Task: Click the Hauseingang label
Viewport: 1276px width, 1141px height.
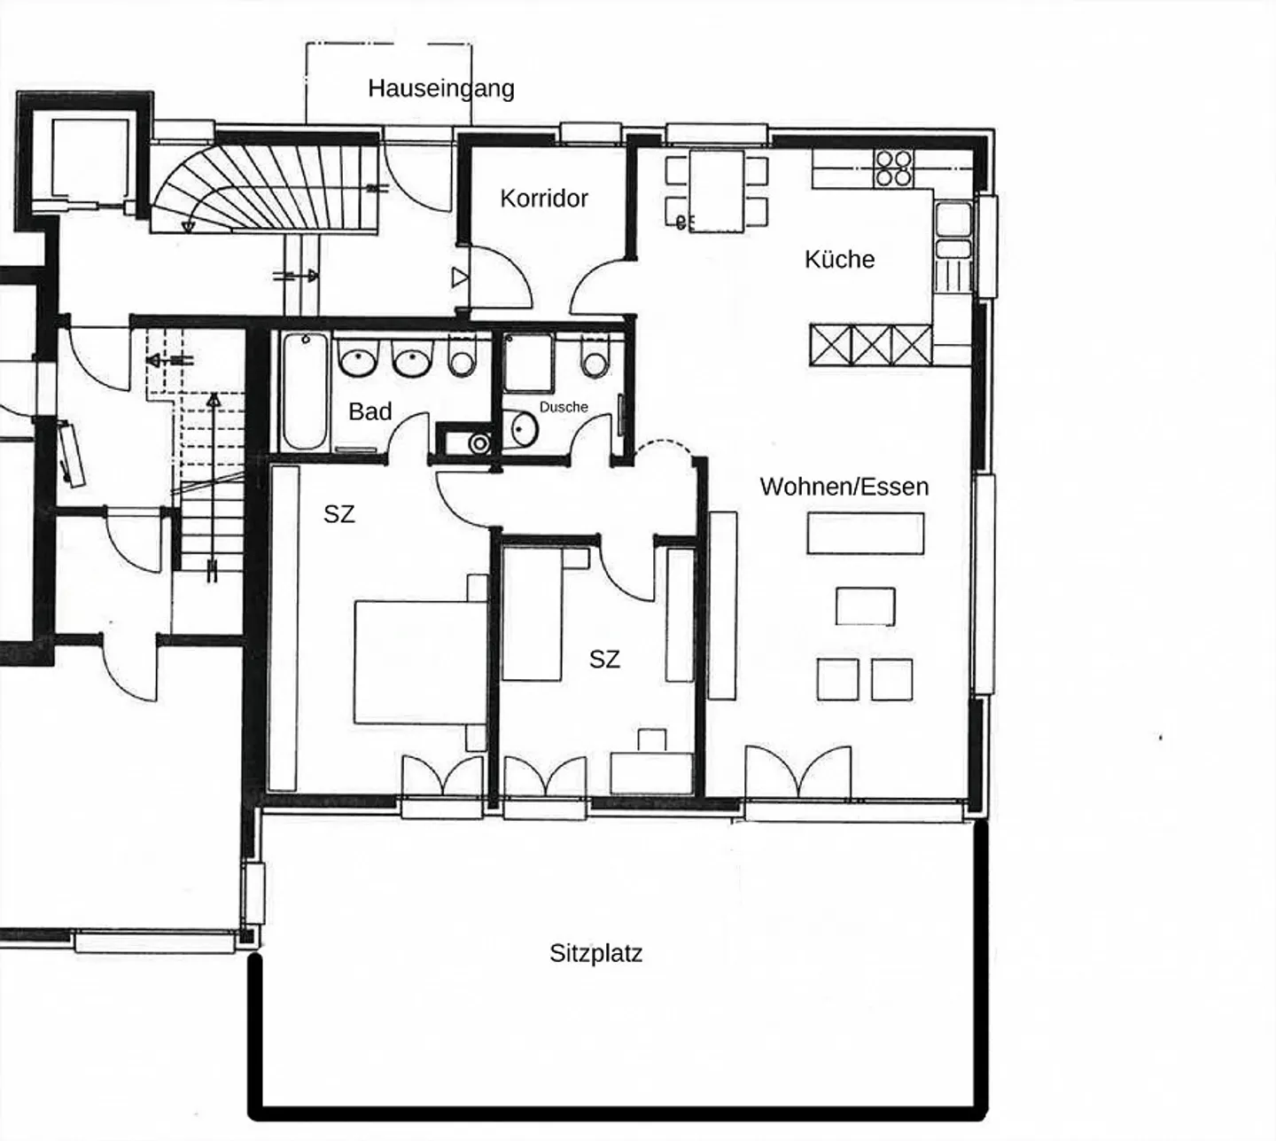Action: (x=441, y=88)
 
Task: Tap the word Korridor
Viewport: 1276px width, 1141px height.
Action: (x=544, y=199)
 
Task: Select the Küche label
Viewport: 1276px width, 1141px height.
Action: (x=839, y=259)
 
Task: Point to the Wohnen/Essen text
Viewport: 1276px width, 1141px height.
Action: (x=844, y=487)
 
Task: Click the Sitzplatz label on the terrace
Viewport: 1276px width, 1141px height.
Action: (x=595, y=953)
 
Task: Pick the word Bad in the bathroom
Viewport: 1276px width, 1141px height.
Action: (x=370, y=411)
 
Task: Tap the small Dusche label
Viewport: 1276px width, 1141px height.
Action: (x=564, y=407)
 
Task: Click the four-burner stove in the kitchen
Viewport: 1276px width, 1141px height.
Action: (x=894, y=168)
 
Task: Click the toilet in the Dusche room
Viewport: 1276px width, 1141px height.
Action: (x=595, y=358)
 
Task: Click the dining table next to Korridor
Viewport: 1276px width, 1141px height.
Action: (x=717, y=191)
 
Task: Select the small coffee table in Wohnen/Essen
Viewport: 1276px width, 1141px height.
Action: (x=866, y=606)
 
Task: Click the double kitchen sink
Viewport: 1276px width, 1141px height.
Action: (x=953, y=231)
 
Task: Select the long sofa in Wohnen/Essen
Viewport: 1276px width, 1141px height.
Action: (x=722, y=606)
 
